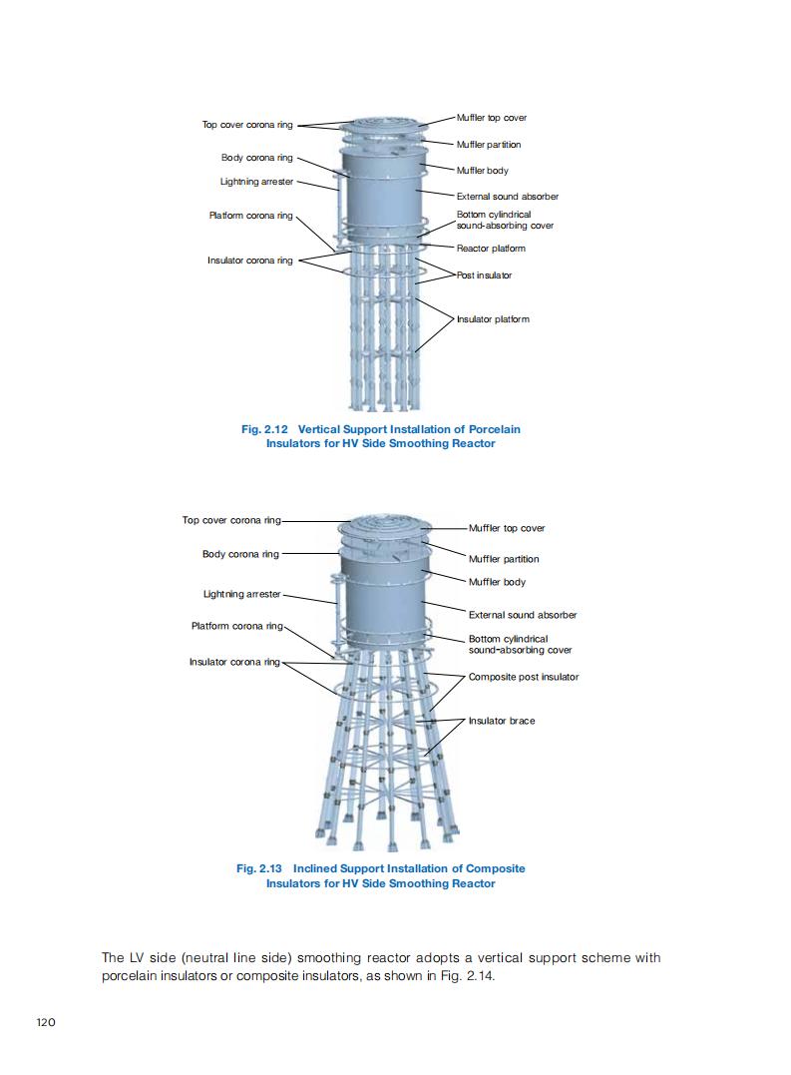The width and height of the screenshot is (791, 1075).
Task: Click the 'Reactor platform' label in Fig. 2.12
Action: (491, 249)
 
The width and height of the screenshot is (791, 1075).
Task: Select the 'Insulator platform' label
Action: (493, 318)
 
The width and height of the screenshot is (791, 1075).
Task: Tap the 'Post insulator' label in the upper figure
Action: (484, 274)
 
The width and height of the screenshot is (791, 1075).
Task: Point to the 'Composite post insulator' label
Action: (524, 677)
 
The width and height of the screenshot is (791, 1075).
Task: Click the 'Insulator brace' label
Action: (502, 721)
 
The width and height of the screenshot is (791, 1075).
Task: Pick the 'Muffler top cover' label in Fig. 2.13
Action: (507, 528)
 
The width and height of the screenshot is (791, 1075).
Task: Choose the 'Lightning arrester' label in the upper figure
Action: (256, 182)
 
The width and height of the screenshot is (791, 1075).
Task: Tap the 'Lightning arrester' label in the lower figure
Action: (241, 594)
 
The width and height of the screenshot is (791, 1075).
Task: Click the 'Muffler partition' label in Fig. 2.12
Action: (489, 145)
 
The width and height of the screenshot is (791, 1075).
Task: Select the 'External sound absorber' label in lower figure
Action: (523, 615)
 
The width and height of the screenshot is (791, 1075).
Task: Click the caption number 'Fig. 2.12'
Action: (264, 429)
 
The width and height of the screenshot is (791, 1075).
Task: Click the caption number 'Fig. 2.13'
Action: (259, 868)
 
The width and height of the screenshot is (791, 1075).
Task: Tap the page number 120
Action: (46, 1022)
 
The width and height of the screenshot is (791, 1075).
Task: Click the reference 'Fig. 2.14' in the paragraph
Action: (471, 975)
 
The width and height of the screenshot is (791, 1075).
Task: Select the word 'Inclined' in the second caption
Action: (315, 868)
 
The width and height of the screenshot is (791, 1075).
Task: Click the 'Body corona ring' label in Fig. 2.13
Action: (240, 554)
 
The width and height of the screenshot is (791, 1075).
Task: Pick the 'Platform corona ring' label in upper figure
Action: (250, 216)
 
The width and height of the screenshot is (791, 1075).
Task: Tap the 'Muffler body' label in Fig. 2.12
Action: (482, 171)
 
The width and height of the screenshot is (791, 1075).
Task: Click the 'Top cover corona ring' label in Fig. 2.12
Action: (247, 125)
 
